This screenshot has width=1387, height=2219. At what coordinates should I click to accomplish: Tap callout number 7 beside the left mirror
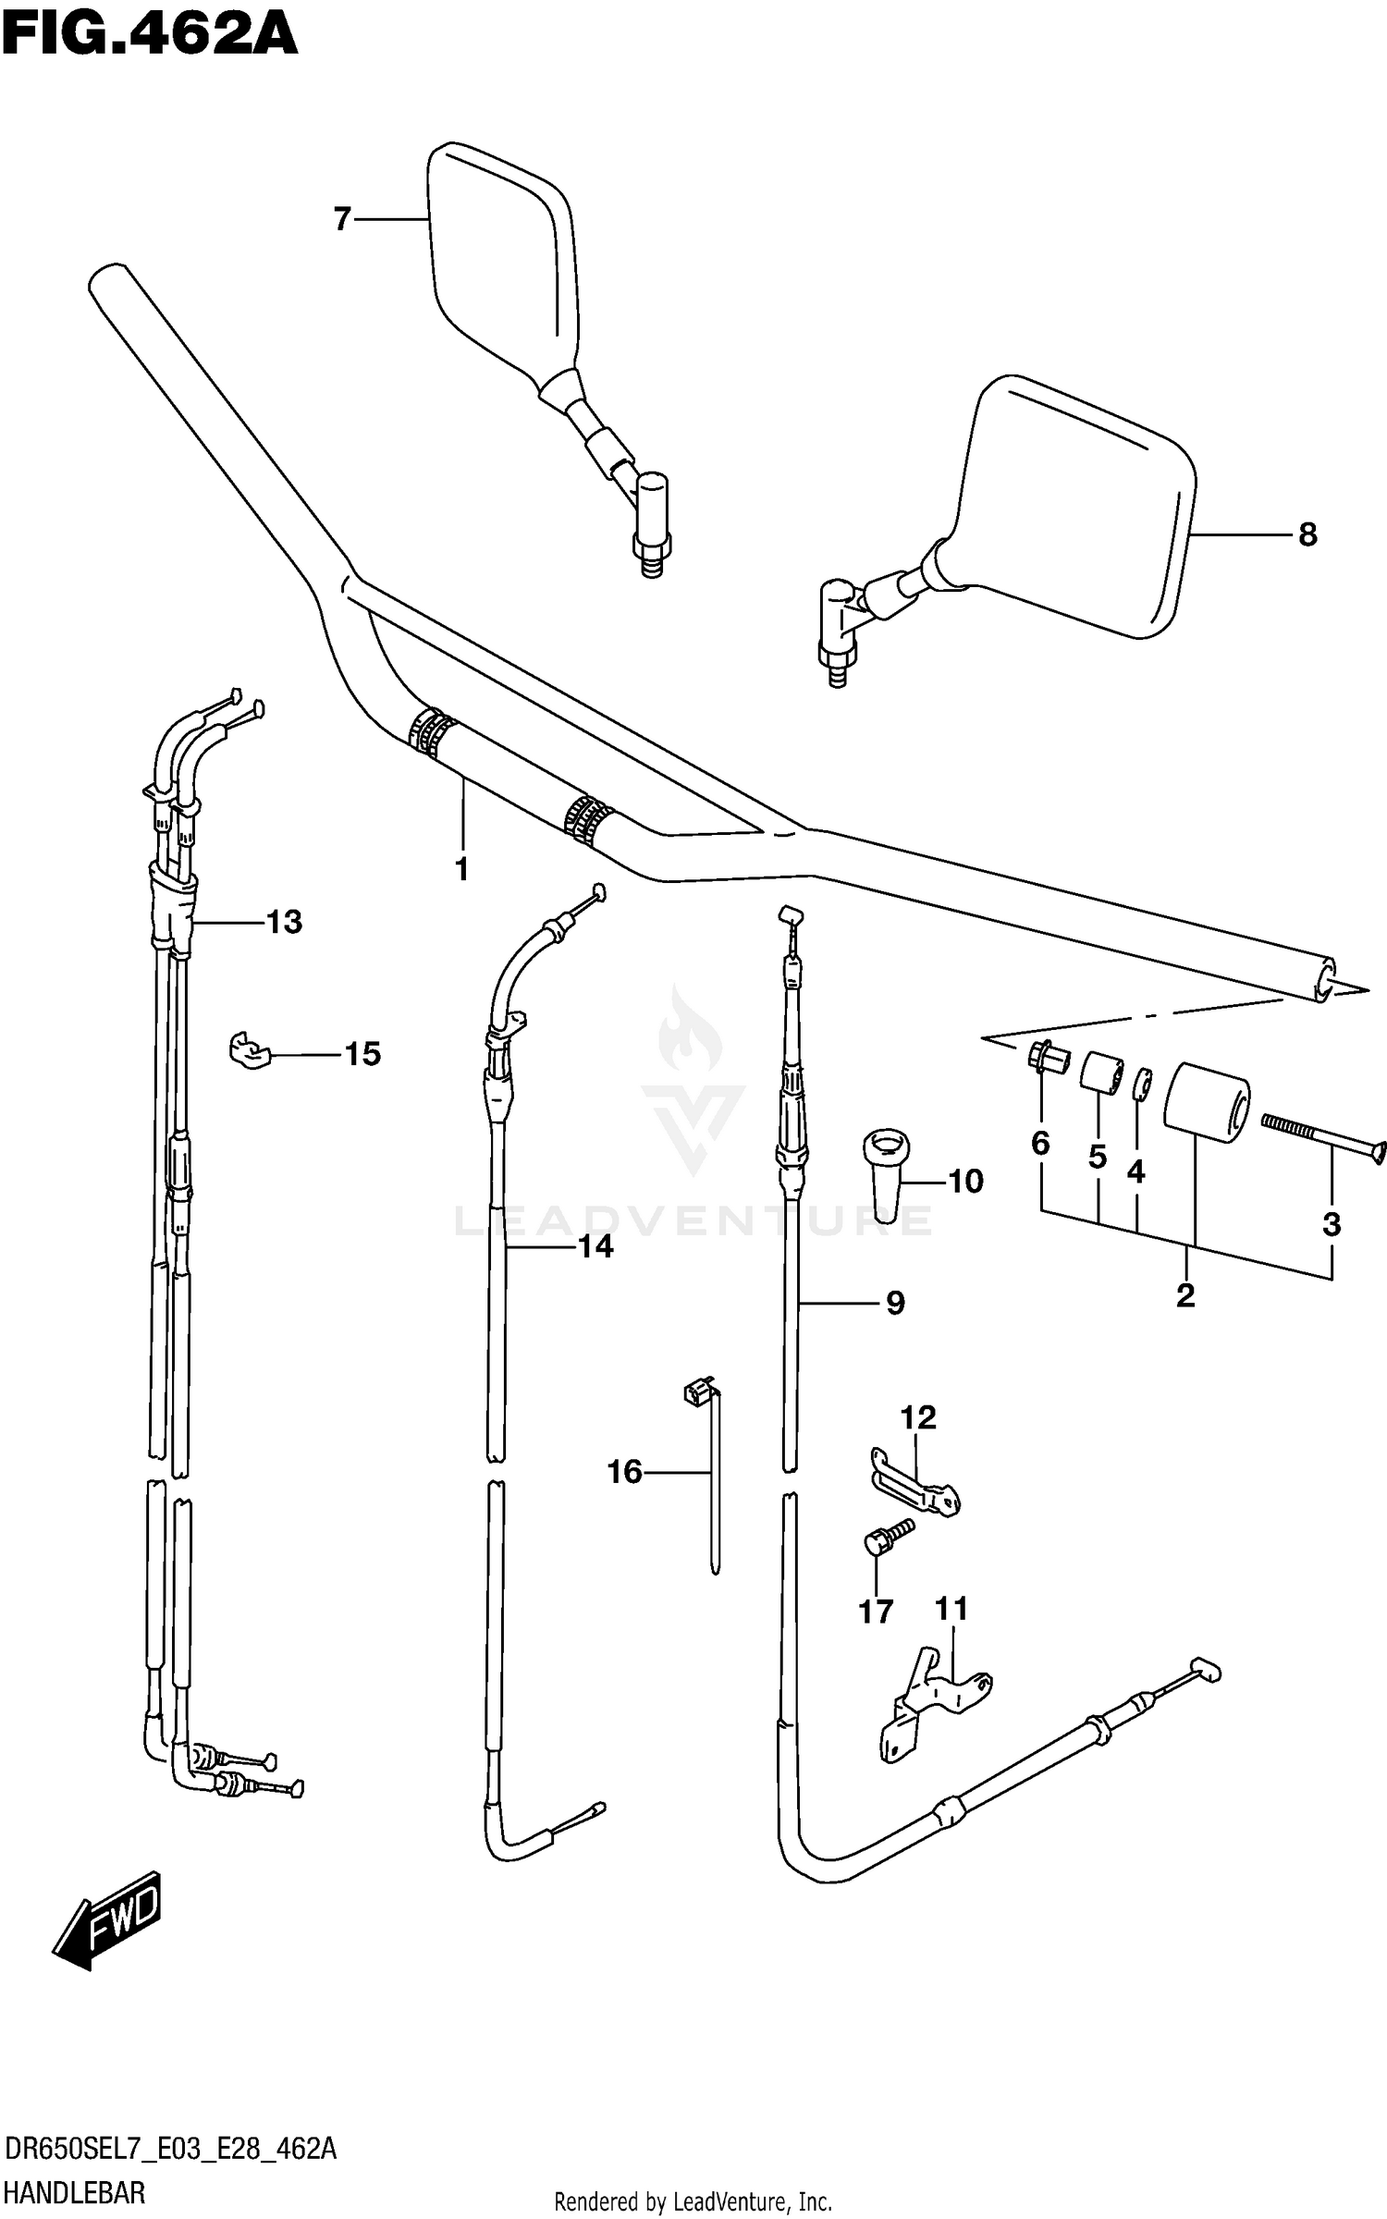(342, 219)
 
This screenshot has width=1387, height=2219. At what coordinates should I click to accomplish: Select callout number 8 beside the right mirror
(1307, 534)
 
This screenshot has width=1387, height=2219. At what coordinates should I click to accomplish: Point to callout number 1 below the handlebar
(461, 869)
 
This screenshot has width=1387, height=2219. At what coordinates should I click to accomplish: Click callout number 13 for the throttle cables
(284, 922)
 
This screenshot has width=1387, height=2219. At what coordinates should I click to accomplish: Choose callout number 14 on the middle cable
(595, 1246)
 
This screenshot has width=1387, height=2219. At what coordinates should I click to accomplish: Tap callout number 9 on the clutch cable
(894, 1303)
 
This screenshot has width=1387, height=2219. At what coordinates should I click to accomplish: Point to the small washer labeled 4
(1143, 1085)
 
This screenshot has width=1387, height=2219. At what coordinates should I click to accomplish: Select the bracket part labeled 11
(934, 1701)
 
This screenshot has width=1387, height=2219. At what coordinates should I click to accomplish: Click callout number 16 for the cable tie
(624, 1471)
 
